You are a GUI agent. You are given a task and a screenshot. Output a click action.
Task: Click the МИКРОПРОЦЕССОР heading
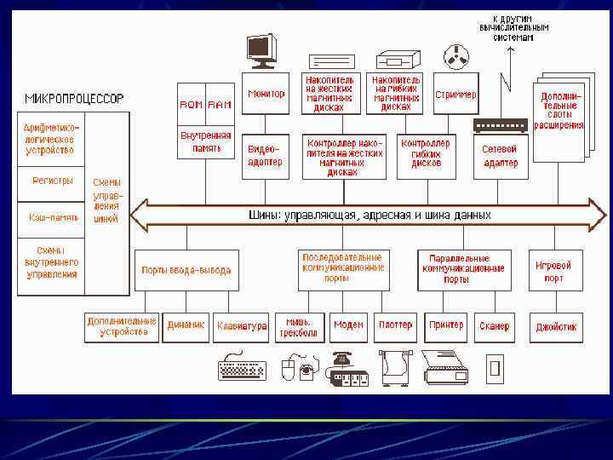[x=74, y=98]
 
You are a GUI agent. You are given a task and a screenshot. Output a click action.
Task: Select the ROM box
[x=191, y=104]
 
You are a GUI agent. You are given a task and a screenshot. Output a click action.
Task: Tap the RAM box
[x=219, y=104]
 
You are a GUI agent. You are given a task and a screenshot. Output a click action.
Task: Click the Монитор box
[x=266, y=95]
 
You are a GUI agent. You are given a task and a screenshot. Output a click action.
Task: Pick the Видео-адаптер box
[x=264, y=156]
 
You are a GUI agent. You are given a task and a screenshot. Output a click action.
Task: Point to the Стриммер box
[x=455, y=95]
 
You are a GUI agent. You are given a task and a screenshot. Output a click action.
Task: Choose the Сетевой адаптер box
[x=500, y=156]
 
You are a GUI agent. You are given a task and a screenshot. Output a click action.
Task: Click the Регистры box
[x=53, y=181]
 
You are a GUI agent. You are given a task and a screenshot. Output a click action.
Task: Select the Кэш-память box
[x=53, y=217]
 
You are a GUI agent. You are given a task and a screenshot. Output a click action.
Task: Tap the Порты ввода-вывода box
[x=186, y=271]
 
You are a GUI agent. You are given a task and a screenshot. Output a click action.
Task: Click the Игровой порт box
[x=554, y=271]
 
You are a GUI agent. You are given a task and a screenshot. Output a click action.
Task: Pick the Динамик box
[x=186, y=325]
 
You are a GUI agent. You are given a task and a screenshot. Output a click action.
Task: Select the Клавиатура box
[x=242, y=325]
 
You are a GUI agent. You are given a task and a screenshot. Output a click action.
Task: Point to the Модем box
[x=348, y=325]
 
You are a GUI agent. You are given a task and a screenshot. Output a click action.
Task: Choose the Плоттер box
[x=395, y=325]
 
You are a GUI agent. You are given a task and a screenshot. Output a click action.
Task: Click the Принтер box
[x=446, y=325]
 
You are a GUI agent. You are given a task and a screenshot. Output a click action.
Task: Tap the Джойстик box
[x=556, y=325]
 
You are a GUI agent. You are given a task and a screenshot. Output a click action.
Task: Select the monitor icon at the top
[x=261, y=50]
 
